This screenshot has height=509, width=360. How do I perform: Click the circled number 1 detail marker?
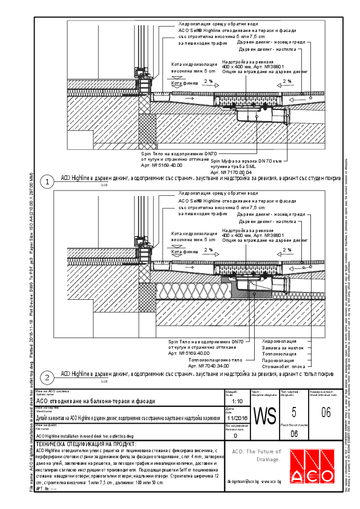point(46,181)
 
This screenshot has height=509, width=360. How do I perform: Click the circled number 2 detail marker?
point(46,377)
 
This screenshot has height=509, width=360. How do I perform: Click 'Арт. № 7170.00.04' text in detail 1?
point(231,172)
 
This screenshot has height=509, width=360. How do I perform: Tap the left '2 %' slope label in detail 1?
point(209,80)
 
